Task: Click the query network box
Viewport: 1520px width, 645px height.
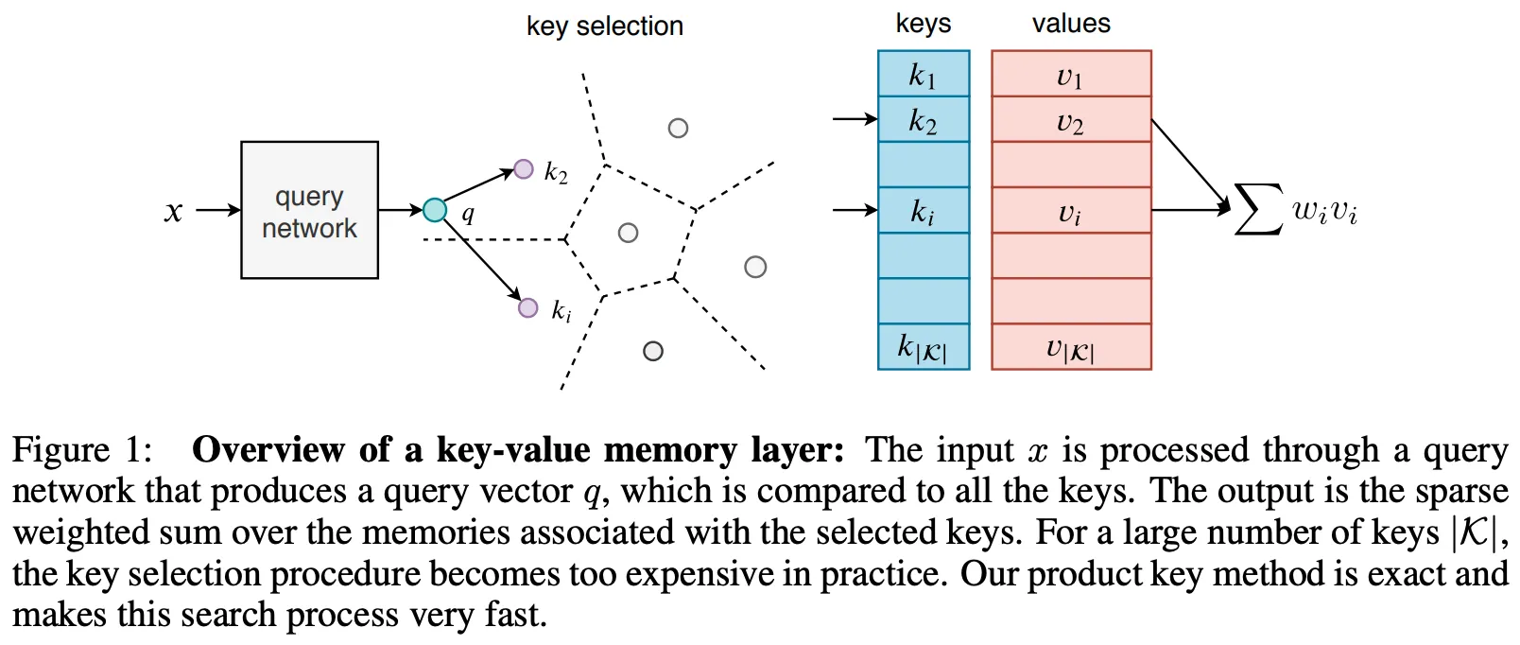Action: pos(309,210)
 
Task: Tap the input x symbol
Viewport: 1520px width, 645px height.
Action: pos(173,211)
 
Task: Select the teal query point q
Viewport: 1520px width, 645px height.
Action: pos(435,210)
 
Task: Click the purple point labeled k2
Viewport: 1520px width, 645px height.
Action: pos(524,169)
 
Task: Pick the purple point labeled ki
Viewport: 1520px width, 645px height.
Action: pos(528,307)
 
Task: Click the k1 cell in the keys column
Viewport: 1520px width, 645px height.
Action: pos(923,74)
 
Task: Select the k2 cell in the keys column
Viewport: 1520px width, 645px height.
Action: pos(923,120)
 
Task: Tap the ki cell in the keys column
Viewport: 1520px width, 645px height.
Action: pos(923,211)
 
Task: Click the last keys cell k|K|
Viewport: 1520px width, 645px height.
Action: pos(923,347)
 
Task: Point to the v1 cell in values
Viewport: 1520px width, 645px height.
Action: pos(1070,75)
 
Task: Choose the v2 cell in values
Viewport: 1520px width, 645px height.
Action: pos(1070,120)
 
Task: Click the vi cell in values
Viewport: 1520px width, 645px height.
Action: pos(1070,211)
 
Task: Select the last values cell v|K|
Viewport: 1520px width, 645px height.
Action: pos(1070,347)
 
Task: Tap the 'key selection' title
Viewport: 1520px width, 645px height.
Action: pos(605,26)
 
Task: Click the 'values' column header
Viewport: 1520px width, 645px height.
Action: pos(1071,24)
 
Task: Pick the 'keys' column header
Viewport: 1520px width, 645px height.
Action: pos(924,24)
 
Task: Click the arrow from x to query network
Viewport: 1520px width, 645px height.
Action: pos(218,210)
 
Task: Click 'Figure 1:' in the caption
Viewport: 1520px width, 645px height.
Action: pos(82,450)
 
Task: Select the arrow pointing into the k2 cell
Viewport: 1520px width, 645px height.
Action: pos(855,119)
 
